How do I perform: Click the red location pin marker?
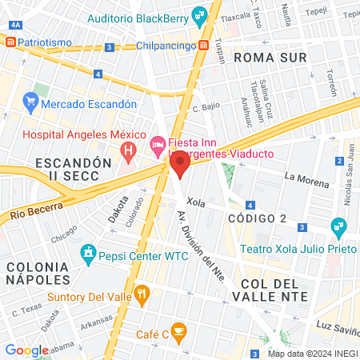[180, 166]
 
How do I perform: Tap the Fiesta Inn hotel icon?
[158, 146]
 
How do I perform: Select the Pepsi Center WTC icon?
[89, 257]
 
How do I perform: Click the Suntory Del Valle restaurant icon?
[142, 294]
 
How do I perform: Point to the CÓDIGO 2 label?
[256, 218]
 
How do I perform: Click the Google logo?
[26, 350]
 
